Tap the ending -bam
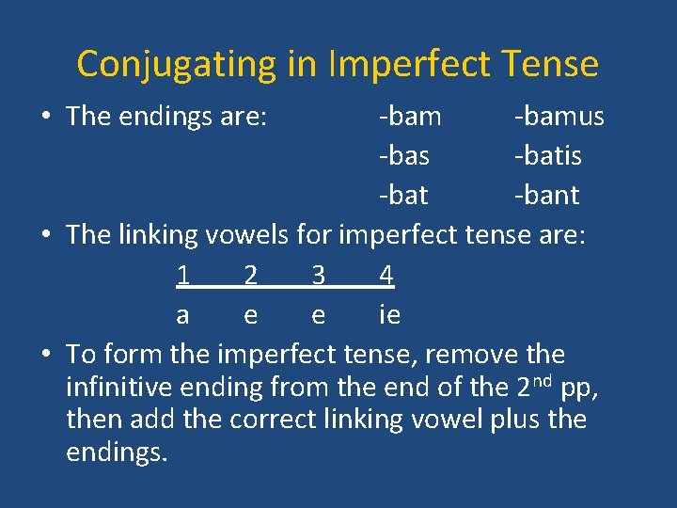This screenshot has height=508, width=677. tap(409, 117)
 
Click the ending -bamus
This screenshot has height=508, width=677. tap(559, 117)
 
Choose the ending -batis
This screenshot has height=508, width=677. tap(547, 156)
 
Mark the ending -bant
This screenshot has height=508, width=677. tap(546, 196)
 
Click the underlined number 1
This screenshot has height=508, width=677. tap(182, 276)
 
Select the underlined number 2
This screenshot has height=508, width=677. tap(250, 276)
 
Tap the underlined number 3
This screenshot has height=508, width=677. tap(319, 276)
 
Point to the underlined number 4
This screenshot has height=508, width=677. tap(386, 276)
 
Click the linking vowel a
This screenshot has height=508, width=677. tap(182, 315)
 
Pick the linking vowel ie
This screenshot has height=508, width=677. tap(389, 315)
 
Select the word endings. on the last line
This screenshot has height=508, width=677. tap(117, 453)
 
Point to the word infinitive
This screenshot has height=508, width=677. tap(123, 387)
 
